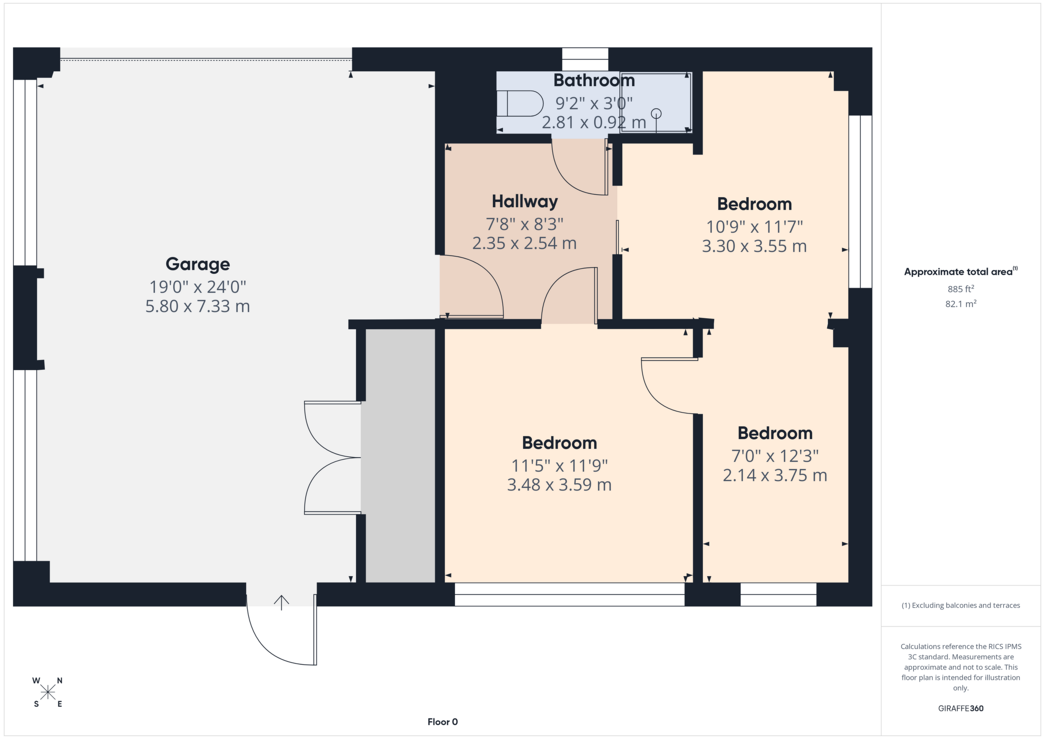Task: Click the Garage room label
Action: click(198, 264)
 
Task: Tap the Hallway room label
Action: click(525, 201)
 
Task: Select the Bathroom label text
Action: click(594, 80)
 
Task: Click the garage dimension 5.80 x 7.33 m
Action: click(198, 306)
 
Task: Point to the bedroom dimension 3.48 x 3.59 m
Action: click(559, 484)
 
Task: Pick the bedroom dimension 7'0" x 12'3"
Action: click(775, 456)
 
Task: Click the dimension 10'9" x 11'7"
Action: click(754, 227)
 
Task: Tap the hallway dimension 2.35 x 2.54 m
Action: click(525, 243)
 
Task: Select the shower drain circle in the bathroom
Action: click(656, 113)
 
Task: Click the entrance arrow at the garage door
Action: click(281, 603)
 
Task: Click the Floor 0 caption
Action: click(443, 722)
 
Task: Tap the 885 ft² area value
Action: click(961, 289)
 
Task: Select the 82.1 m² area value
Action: click(961, 304)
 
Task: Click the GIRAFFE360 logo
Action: click(961, 708)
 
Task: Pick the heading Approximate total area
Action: click(961, 272)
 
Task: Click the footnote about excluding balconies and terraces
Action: click(961, 605)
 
